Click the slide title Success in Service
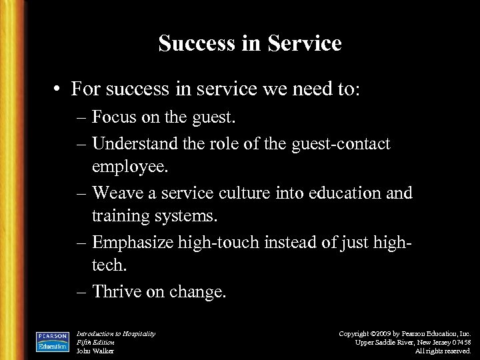(250, 44)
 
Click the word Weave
(115, 193)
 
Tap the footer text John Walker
(95, 350)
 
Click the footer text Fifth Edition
(96, 342)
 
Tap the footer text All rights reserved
(443, 350)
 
